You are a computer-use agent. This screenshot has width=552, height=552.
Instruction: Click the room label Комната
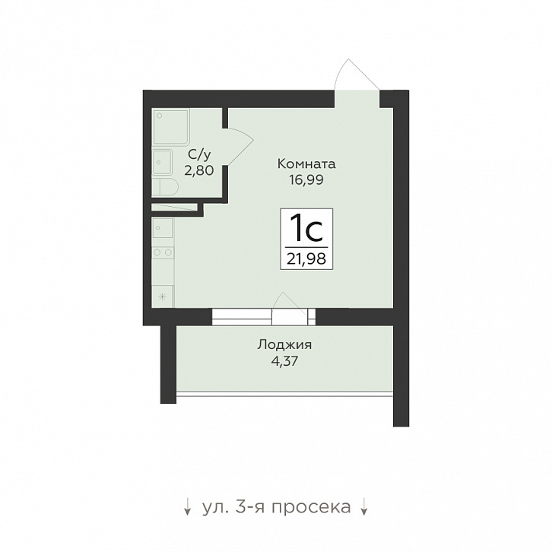point(306,164)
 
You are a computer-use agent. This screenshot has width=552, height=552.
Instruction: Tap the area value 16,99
point(306,180)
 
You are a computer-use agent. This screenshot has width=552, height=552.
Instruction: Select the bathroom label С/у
point(199,154)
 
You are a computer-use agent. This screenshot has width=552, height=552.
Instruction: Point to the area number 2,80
point(199,171)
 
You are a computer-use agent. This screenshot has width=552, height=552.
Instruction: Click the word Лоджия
point(284,345)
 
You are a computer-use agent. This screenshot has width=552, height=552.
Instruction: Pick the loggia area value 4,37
point(284,361)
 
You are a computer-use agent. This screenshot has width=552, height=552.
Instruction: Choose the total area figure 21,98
point(306,259)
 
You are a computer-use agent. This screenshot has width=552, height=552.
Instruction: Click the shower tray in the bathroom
point(171,126)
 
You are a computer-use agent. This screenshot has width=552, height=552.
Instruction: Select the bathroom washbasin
point(162,162)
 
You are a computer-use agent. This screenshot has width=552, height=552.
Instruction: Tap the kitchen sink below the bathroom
point(162,228)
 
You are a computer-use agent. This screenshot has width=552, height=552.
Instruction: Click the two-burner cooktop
point(163,252)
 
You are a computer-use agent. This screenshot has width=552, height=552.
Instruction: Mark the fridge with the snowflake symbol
point(163,297)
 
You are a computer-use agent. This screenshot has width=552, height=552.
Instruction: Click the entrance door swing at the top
point(357,75)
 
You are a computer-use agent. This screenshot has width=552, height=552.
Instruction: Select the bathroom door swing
point(240,146)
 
